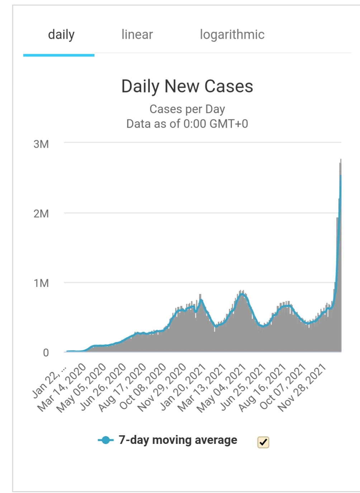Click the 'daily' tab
point(61,35)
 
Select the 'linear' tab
point(137,35)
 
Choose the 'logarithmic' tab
point(232,35)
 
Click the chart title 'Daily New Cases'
point(187,86)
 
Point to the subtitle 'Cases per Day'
point(187,109)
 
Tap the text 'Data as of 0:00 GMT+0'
point(187,124)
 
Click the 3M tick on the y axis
point(41,144)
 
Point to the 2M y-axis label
point(41,214)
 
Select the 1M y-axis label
point(41,283)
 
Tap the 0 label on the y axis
point(46,353)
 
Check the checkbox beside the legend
point(263,442)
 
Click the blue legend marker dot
point(105,440)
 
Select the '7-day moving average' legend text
point(178,440)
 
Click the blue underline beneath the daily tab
point(59,55)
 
